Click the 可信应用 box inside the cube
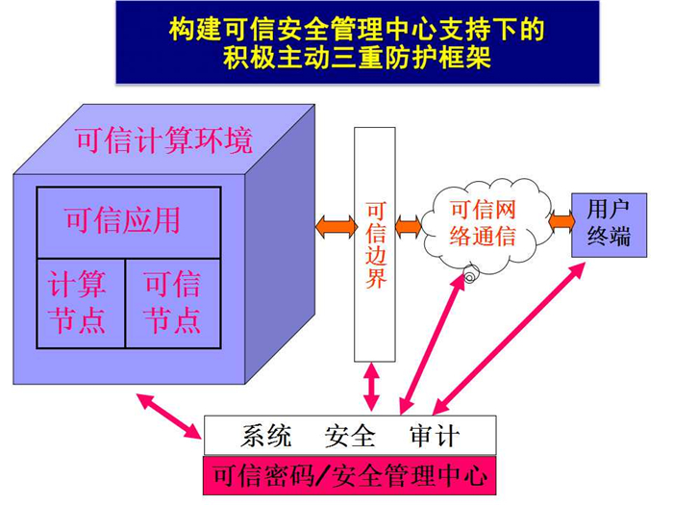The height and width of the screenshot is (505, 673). pyautogui.click(x=129, y=222)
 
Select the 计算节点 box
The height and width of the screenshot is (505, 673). pyautogui.click(x=81, y=303)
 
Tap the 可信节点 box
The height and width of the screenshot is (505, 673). pyautogui.click(x=173, y=303)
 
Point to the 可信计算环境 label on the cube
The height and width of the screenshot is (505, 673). pyautogui.click(x=164, y=140)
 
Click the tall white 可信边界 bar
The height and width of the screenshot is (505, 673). pyautogui.click(x=375, y=244)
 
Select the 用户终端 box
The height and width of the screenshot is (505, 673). pyautogui.click(x=609, y=225)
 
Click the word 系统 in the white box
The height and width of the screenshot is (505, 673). pyautogui.click(x=266, y=436)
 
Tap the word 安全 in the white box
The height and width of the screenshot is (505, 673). pyautogui.click(x=350, y=436)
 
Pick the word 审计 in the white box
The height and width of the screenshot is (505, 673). pyautogui.click(x=435, y=436)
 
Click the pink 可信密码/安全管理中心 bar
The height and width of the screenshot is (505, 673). pyautogui.click(x=350, y=475)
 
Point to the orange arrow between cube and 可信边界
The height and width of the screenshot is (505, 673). pyautogui.click(x=336, y=226)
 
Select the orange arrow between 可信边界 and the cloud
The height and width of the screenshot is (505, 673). pyautogui.click(x=409, y=226)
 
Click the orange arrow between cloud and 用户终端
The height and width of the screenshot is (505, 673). pyautogui.click(x=561, y=221)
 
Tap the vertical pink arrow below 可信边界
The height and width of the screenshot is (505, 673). pyautogui.click(x=372, y=387)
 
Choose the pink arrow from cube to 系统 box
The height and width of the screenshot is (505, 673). pyautogui.click(x=169, y=416)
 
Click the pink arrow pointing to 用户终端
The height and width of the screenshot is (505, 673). pyautogui.click(x=509, y=339)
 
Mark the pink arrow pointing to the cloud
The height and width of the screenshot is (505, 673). pyautogui.click(x=433, y=343)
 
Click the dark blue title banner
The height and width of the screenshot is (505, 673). pyautogui.click(x=358, y=42)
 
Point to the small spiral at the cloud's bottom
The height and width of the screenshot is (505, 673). pyautogui.click(x=470, y=273)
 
